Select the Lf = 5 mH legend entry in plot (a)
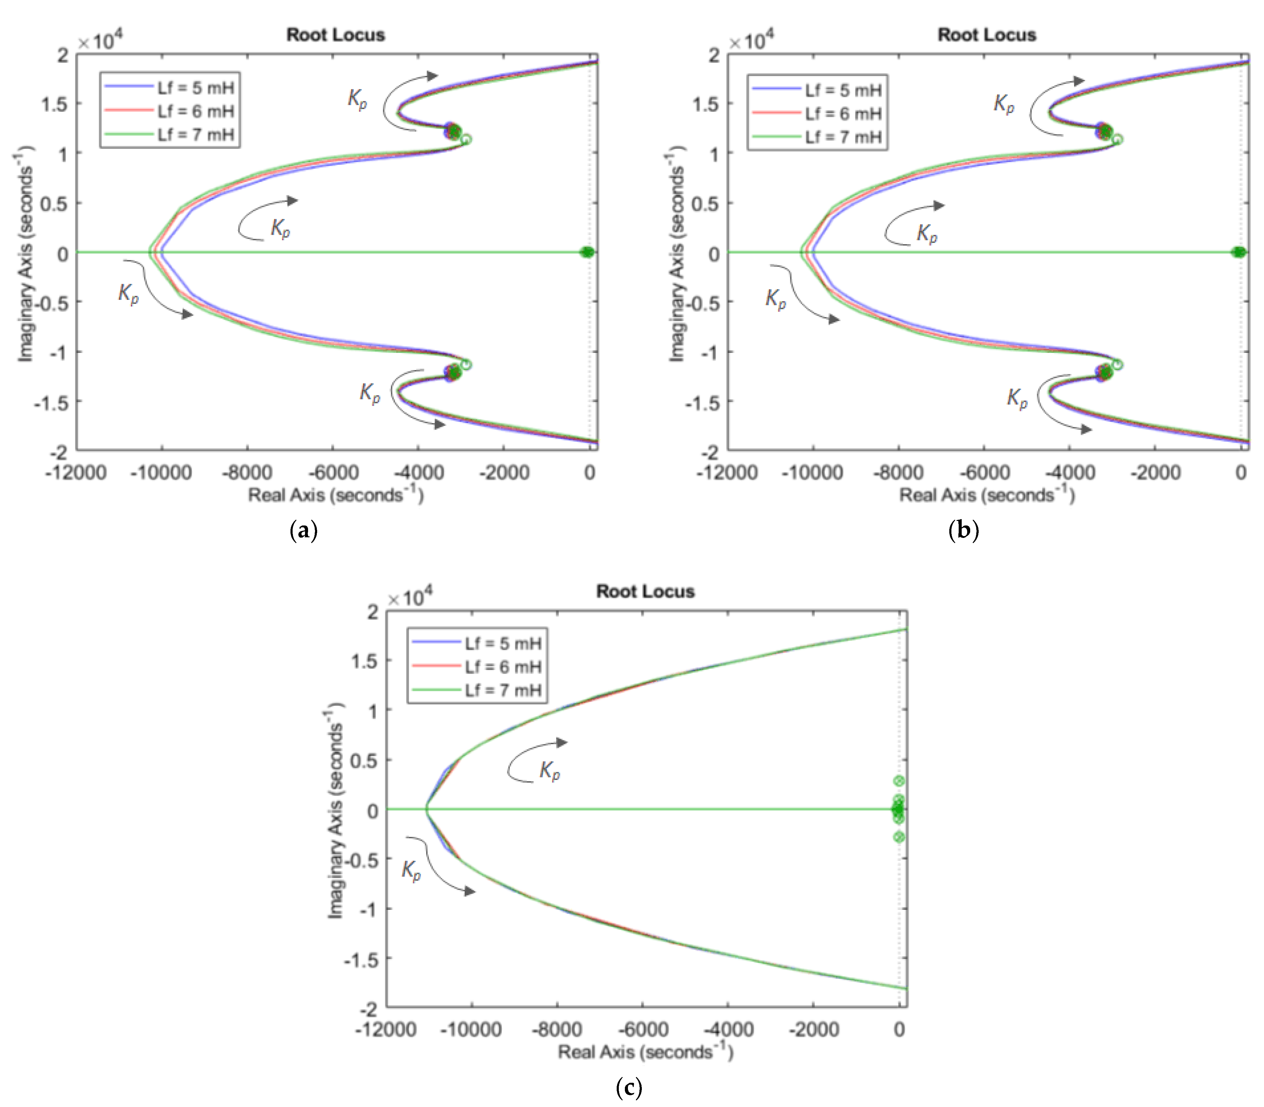(x=195, y=88)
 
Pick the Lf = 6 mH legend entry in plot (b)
(x=843, y=114)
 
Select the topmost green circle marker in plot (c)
(x=899, y=781)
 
